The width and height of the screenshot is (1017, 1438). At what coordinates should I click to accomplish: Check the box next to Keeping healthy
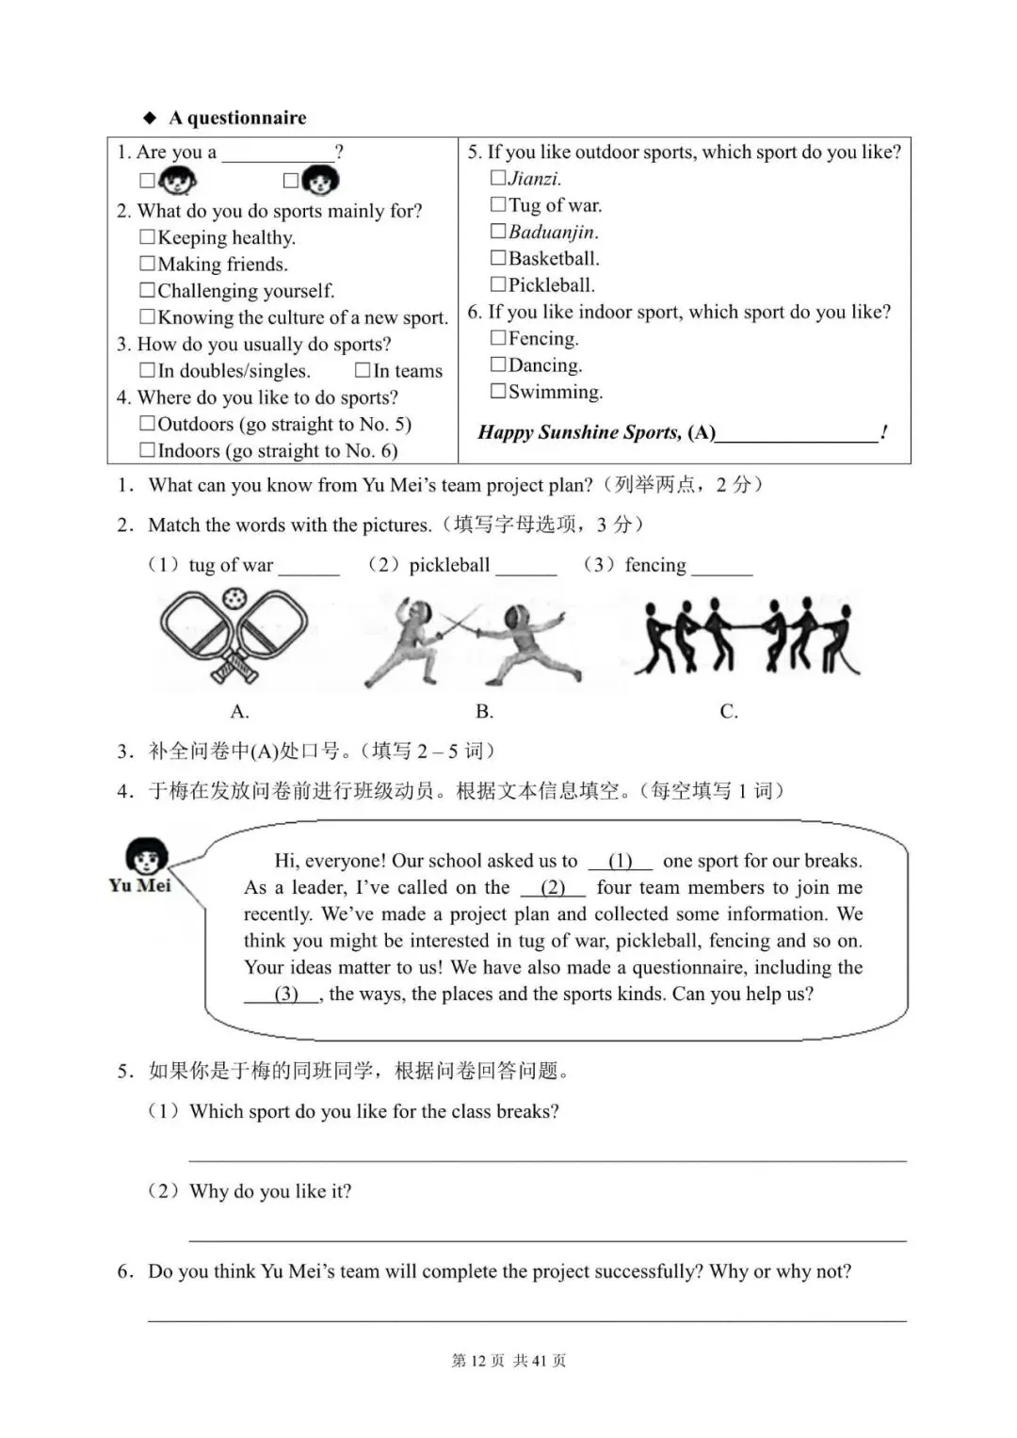(147, 237)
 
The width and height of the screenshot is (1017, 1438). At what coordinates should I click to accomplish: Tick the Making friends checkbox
(147, 264)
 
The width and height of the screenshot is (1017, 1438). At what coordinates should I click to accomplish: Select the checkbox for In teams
(363, 371)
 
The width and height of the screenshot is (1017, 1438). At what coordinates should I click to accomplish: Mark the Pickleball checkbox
(498, 284)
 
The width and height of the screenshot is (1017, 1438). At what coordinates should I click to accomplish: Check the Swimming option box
(498, 391)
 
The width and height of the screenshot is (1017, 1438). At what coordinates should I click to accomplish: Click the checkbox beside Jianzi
(498, 178)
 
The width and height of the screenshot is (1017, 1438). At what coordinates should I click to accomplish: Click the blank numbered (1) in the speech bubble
(621, 861)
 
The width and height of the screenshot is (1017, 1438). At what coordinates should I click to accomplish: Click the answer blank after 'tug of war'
(309, 567)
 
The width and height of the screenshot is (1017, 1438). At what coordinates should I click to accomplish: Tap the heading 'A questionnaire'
(237, 118)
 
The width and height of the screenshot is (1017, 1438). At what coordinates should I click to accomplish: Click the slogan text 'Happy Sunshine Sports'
(579, 432)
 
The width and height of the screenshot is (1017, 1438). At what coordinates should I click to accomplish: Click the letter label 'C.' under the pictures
(729, 712)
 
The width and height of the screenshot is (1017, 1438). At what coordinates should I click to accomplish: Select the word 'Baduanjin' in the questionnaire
(553, 232)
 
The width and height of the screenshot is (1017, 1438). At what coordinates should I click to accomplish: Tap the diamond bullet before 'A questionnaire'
(149, 118)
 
